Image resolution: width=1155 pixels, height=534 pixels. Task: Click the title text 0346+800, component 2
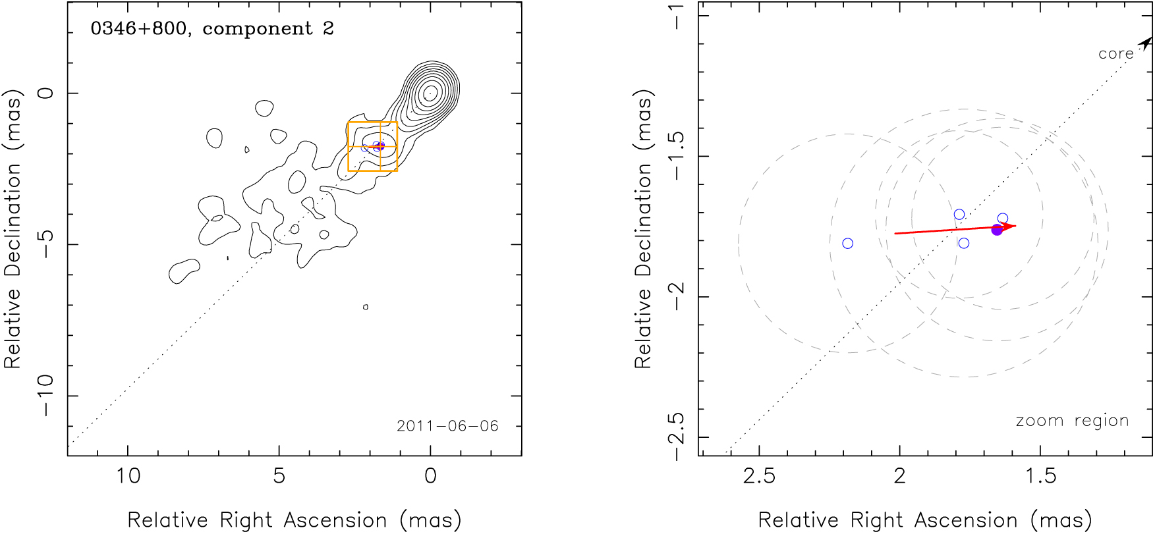click(212, 29)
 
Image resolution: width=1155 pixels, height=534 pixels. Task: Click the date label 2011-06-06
click(447, 426)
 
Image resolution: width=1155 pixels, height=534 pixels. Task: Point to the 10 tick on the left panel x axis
click(128, 475)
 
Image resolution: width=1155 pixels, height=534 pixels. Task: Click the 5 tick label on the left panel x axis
click(279, 475)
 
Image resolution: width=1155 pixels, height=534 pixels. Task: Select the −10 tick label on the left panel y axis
click(46, 396)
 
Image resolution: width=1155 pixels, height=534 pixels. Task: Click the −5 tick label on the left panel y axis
click(46, 244)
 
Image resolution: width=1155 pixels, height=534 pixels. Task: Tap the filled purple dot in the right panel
click(997, 230)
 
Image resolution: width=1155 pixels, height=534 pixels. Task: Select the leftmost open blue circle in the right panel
click(848, 244)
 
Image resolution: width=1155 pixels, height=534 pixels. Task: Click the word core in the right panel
click(1116, 54)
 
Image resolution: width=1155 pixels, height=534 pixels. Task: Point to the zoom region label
click(1072, 421)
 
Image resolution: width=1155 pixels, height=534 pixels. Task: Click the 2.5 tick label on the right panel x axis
click(759, 475)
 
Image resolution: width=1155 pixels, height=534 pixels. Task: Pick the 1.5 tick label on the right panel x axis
click(1040, 475)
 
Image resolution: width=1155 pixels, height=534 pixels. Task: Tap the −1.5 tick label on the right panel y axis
click(677, 157)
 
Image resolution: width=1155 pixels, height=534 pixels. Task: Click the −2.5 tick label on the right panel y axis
click(677, 437)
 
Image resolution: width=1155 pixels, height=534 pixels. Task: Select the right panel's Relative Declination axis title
click(643, 229)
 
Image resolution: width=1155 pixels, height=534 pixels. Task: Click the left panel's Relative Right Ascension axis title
click(295, 520)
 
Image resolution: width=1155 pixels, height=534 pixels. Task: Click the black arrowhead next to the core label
click(1146, 43)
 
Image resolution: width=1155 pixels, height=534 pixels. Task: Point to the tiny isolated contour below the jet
click(366, 307)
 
